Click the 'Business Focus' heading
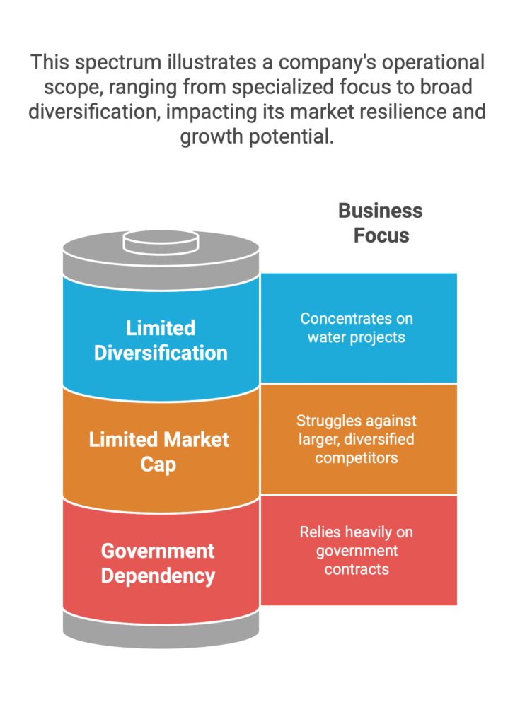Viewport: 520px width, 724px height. (x=381, y=223)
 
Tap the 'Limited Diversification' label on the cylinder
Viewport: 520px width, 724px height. (x=161, y=340)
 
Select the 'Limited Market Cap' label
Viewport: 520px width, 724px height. (x=158, y=452)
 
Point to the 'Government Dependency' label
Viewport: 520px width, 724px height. (x=158, y=564)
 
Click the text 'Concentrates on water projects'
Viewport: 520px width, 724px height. (x=357, y=328)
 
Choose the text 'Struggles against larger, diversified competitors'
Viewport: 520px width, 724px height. (x=357, y=439)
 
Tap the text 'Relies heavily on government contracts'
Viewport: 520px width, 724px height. (x=357, y=550)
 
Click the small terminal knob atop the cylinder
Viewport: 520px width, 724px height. (x=161, y=243)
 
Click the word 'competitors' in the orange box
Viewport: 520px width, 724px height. (x=357, y=458)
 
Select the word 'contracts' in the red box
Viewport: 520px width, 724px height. (x=357, y=569)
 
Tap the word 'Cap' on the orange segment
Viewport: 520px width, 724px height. (x=158, y=465)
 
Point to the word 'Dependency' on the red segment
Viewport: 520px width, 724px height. (x=158, y=576)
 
